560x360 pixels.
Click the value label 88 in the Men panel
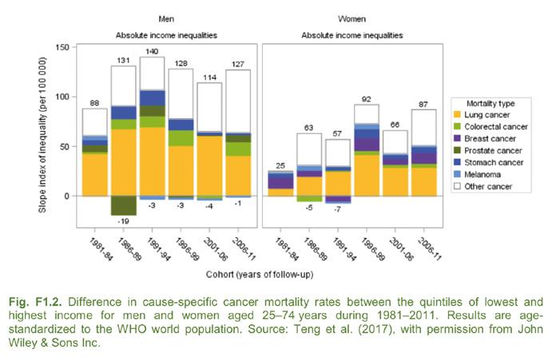94,102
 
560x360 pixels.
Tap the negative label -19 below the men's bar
123,221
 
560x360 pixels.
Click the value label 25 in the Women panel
280,165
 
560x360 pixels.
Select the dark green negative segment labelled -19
123,205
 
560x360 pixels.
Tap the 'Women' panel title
351,16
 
